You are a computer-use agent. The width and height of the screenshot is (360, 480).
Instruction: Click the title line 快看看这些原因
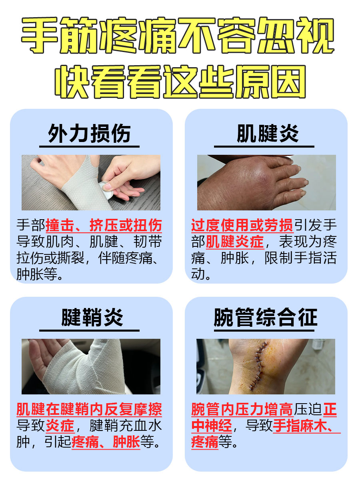[x=180, y=82]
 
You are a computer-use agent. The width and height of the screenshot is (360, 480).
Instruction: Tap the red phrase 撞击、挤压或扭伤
[x=104, y=226]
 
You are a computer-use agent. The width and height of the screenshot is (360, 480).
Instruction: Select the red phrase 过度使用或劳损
[x=242, y=226]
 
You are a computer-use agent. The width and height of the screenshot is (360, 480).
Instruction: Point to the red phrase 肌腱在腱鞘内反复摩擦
[x=89, y=410]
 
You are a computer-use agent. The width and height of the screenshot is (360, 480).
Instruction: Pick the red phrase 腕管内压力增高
[x=242, y=410]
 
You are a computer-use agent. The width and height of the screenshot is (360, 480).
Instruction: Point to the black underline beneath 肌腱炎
[x=264, y=146]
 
